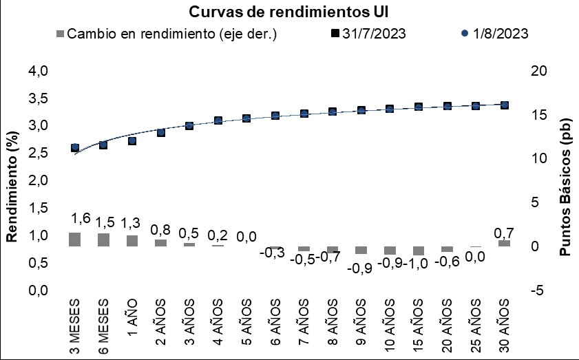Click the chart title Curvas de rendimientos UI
(x=288, y=12)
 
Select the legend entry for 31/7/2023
(x=368, y=34)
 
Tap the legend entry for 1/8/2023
(x=495, y=34)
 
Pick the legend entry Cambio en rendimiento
(x=167, y=34)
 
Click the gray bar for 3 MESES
(x=74, y=240)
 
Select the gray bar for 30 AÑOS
(x=505, y=243)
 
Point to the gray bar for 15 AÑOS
(x=419, y=251)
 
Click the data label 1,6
(x=81, y=218)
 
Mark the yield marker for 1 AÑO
(x=132, y=141)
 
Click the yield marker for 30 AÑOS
(x=505, y=105)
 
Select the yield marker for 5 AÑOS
(x=246, y=118)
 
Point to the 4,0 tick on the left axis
(x=39, y=70)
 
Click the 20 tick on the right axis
(x=539, y=70)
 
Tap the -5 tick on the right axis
(x=537, y=290)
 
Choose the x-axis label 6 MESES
(x=103, y=326)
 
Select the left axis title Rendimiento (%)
(x=12, y=187)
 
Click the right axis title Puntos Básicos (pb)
(x=565, y=187)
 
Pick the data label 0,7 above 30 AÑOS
(x=504, y=233)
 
